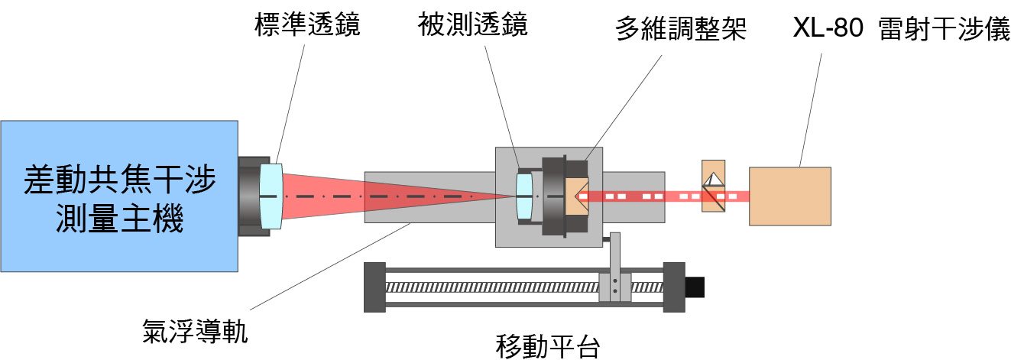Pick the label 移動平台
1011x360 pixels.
(547, 346)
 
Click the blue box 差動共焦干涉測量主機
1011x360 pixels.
(119, 196)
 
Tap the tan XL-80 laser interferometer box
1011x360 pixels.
(789, 196)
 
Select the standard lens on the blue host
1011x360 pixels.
(271, 196)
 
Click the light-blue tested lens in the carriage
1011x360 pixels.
(523, 196)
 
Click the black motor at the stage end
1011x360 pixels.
(695, 287)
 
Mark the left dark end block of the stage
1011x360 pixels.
(374, 287)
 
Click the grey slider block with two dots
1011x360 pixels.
(615, 288)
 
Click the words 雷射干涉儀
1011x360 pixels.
(944, 30)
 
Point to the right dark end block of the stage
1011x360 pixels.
(673, 287)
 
